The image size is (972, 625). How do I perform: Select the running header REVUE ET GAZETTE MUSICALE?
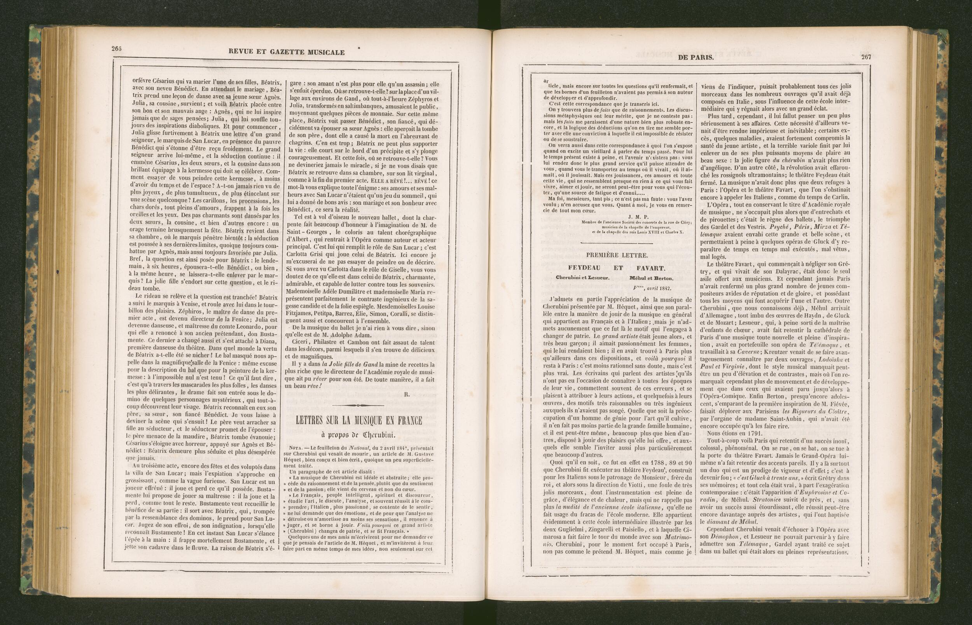(x=287, y=52)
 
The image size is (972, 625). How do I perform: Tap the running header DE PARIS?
(x=696, y=58)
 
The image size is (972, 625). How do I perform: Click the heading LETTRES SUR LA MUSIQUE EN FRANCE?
(x=358, y=420)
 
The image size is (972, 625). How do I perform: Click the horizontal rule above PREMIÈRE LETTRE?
(x=617, y=243)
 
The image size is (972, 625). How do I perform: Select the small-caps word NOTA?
(x=298, y=453)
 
